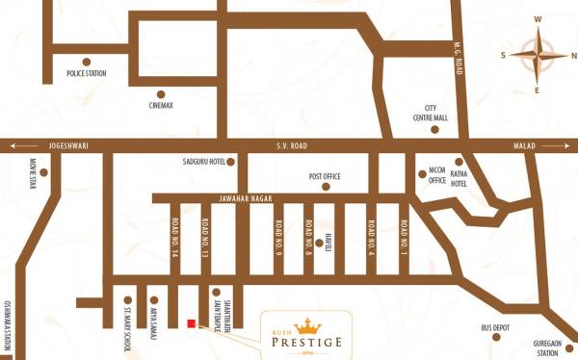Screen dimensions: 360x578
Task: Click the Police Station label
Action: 86,73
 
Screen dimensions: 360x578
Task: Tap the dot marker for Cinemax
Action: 162,91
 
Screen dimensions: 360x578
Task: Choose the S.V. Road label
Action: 291,145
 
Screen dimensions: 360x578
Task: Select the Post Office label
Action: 326,176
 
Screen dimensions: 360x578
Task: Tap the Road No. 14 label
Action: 175,237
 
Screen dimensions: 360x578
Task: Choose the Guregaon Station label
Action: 547,348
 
